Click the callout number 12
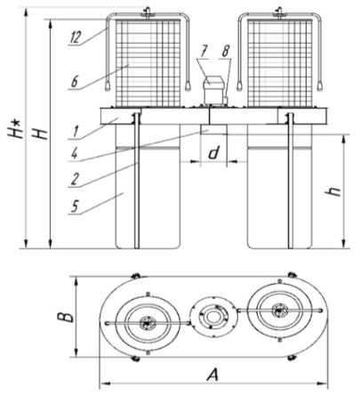[76, 37]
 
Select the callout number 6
[75, 82]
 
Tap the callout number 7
[204, 52]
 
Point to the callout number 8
[226, 52]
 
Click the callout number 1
[76, 131]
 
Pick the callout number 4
[75, 153]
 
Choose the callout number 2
[75, 179]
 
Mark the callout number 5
[75, 206]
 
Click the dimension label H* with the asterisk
[14, 129]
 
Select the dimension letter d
[213, 153]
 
